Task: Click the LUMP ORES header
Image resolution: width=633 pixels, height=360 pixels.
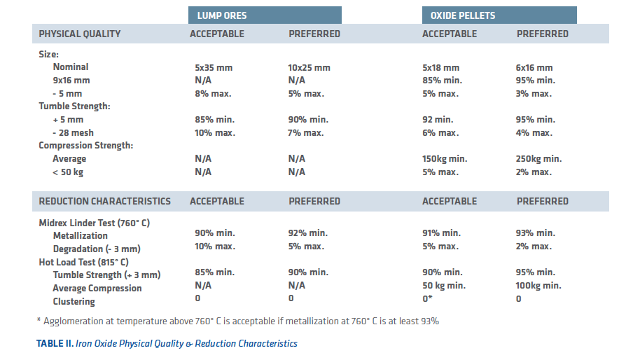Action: (222, 15)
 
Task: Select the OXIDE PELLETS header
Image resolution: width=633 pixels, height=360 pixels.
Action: (463, 15)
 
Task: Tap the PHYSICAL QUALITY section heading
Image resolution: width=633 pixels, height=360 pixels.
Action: (80, 34)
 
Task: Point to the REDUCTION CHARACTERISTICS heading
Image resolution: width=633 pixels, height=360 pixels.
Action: (104, 201)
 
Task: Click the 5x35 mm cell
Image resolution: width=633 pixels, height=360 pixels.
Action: (214, 68)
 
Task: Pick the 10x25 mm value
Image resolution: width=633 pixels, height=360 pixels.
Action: (309, 68)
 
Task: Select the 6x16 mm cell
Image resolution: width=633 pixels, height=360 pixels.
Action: (534, 68)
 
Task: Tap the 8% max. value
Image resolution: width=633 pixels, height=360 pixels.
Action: (213, 94)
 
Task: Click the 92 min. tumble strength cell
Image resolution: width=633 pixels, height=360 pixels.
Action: (438, 120)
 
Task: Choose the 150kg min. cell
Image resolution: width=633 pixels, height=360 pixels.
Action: (445, 158)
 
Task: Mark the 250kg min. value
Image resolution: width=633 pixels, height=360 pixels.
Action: (538, 158)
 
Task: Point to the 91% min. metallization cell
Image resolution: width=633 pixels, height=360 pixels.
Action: (441, 233)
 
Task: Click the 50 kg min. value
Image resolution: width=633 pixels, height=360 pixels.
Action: (444, 285)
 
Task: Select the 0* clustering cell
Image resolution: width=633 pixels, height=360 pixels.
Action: (427, 298)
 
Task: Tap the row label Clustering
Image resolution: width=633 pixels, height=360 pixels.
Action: (74, 301)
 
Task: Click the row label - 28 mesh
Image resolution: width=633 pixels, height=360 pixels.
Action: (73, 133)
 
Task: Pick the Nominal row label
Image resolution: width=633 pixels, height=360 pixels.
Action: (71, 67)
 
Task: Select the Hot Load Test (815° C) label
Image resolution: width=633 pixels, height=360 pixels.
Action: (83, 262)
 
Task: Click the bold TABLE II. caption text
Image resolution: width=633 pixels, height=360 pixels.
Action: (55, 343)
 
